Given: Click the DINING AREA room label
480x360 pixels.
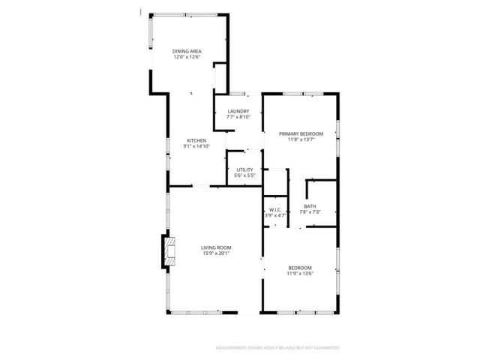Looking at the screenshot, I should pos(187,51).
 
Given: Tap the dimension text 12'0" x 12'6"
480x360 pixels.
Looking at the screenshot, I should pos(187,57).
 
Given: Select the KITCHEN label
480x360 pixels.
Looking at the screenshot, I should pos(196,140).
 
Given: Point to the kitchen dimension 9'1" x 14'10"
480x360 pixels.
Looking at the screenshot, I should pos(196,146).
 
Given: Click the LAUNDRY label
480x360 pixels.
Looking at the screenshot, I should pos(238,112).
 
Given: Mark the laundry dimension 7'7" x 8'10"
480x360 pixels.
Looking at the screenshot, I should pos(238,118).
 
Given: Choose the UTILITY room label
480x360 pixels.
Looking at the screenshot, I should pos(245,169).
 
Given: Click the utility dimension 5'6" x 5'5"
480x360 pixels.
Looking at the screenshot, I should pos(245,175).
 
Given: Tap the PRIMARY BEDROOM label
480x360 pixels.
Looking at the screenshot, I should pos(301,133).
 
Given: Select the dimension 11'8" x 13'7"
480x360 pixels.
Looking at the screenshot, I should pos(301,139).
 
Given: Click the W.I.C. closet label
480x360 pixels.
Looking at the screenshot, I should pos(275,210).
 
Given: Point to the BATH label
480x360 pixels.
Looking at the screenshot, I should pos(310,206).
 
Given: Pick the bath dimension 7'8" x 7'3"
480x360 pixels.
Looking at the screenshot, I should pos(310,212).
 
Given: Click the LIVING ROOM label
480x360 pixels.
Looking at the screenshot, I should pos(216,247).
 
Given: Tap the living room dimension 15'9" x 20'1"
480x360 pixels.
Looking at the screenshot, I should pos(216,253).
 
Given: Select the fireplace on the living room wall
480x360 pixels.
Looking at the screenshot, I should pos(166,252).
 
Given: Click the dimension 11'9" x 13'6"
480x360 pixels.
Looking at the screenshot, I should pos(300,274).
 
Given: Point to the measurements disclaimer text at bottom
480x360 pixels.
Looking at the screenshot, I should pos(277,348).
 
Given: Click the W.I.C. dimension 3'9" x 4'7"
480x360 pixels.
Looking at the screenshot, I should pos(275,216).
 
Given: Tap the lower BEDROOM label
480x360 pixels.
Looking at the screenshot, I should pos(300,268).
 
